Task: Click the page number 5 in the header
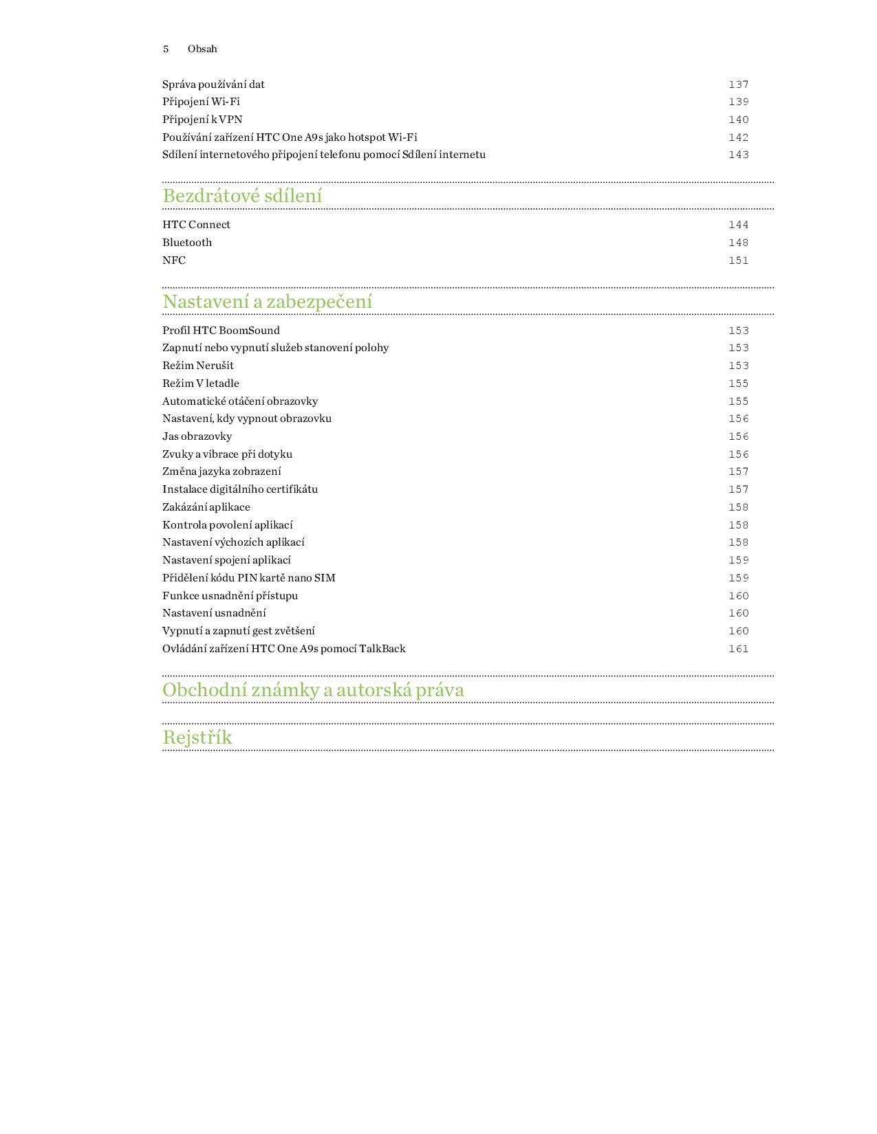pos(166,49)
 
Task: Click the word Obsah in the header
pos(202,49)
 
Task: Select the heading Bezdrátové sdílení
pos(242,196)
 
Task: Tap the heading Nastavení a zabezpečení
pos(268,302)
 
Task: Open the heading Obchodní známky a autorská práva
pos(313,690)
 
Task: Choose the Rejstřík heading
pos(197,737)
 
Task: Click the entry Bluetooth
pos(187,243)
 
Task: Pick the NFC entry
pos(174,260)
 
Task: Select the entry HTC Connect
pos(196,225)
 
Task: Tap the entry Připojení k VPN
pos(202,120)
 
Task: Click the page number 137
pos(738,85)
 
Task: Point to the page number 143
pos(738,155)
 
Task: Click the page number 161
pos(738,649)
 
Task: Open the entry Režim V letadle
pos(201,383)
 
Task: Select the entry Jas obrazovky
pos(197,436)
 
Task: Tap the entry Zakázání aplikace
pos(206,507)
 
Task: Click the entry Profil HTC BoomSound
pos(221,331)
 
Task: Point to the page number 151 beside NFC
pos(738,260)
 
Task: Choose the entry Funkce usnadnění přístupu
pos(230,596)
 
